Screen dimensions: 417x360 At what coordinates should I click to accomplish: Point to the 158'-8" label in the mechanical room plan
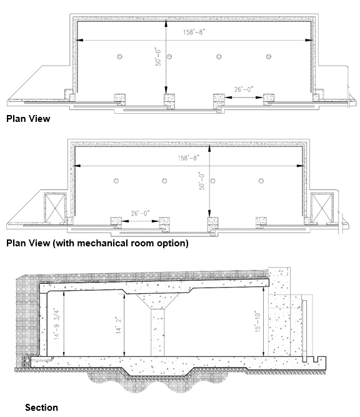[191, 159]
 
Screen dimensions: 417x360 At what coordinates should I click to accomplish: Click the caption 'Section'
[41, 408]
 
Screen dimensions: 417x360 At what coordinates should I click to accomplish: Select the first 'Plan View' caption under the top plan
[27, 118]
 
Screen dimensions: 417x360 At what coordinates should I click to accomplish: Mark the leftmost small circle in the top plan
[117, 58]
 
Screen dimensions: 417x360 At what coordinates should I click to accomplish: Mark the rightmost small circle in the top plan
[269, 57]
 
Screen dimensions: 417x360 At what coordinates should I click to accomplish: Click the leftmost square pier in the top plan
[118, 99]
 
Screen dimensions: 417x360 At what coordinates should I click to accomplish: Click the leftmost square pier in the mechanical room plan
[116, 222]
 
